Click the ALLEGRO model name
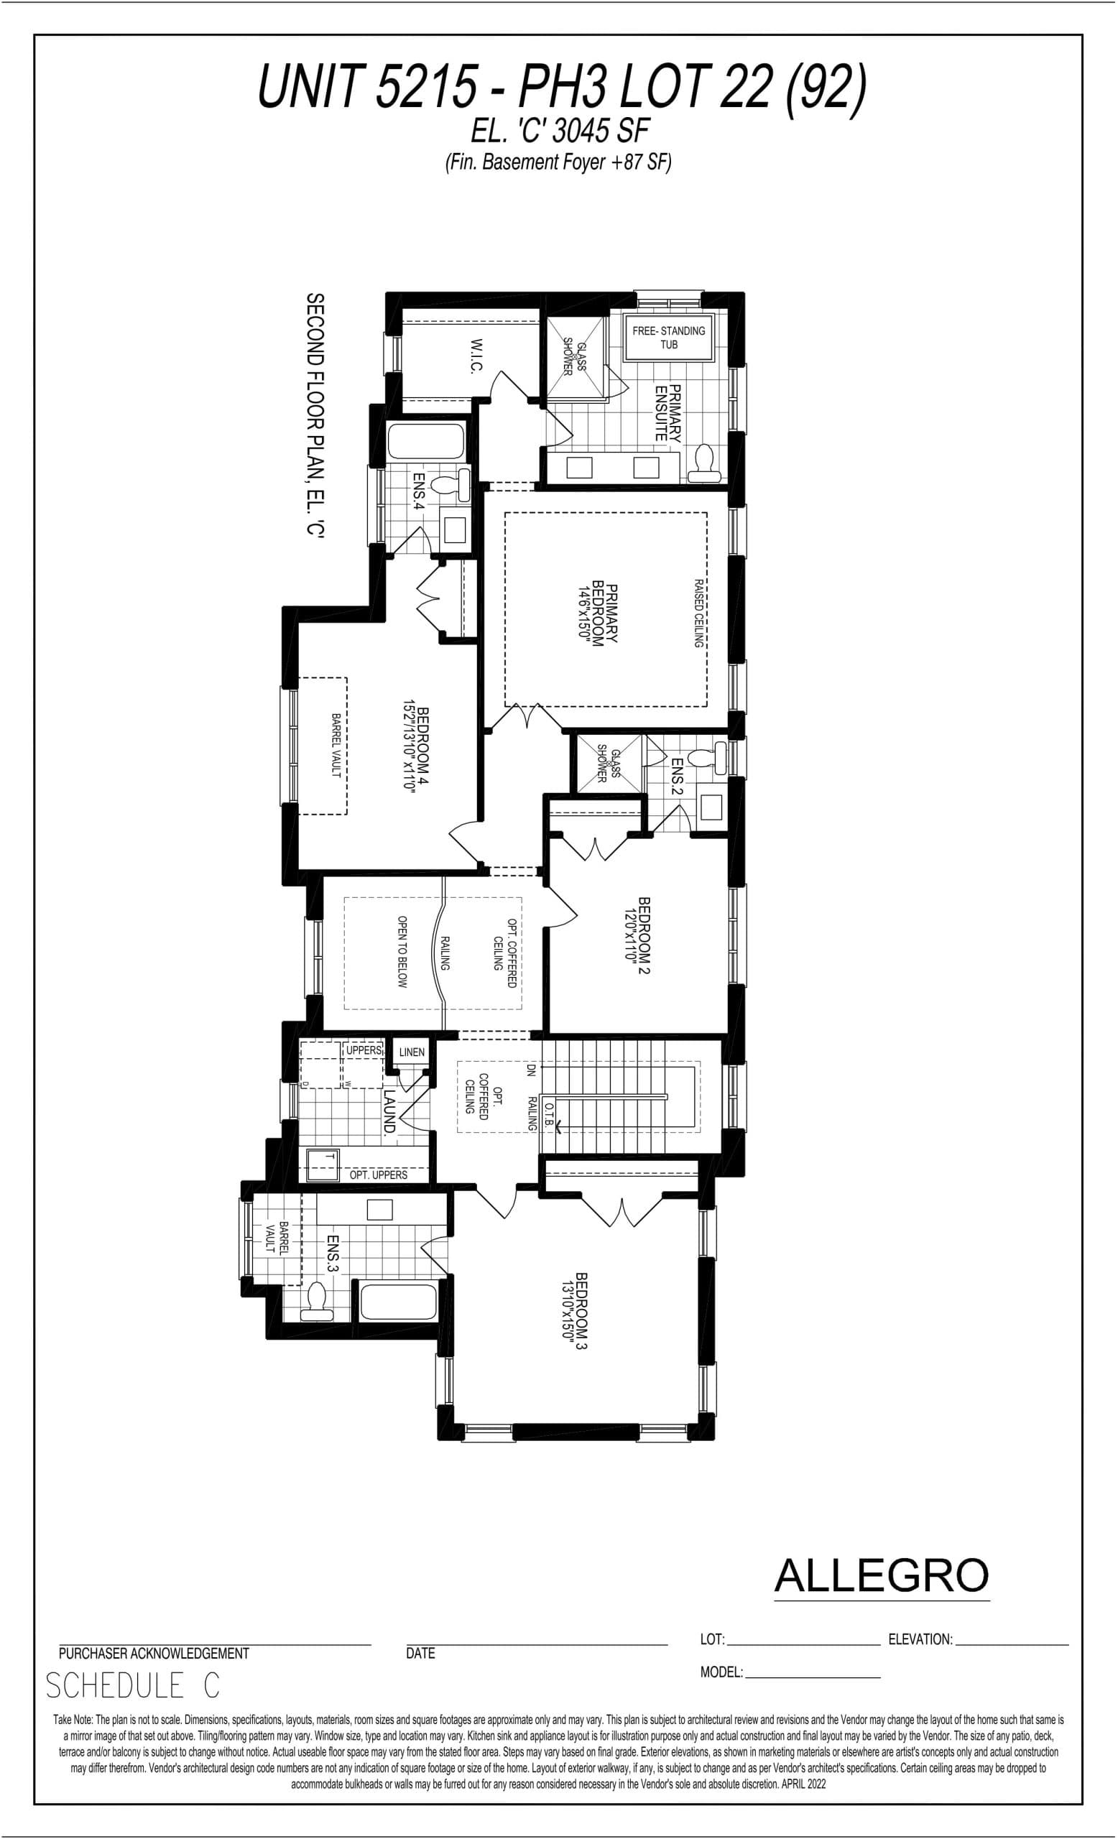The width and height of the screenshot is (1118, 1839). [882, 1575]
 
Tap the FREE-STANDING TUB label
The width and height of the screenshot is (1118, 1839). [669, 338]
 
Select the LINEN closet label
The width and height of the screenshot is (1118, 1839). [411, 1052]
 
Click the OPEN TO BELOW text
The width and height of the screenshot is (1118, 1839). [402, 953]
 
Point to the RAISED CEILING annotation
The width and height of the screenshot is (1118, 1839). [698, 613]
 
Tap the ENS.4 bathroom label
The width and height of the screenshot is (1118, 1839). [419, 492]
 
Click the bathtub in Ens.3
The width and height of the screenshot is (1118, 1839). [397, 1302]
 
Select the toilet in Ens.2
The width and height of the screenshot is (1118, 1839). [705, 758]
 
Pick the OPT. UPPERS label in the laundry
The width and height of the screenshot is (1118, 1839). [379, 1175]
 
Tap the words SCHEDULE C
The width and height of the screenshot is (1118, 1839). [133, 1686]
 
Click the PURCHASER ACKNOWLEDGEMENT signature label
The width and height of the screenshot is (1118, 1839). [154, 1653]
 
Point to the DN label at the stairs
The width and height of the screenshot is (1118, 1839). [531, 1070]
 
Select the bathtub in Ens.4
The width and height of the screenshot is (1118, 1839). [425, 441]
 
